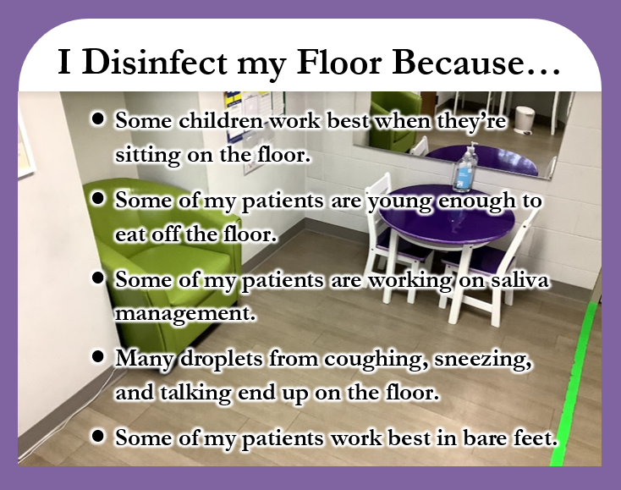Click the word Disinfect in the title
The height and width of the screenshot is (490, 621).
click(155, 63)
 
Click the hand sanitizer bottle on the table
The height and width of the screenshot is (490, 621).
click(466, 168)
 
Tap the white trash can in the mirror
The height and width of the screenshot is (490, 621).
click(525, 119)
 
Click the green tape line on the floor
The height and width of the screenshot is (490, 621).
click(576, 383)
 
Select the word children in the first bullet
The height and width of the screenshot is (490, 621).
click(221, 120)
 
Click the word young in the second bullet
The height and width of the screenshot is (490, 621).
click(401, 201)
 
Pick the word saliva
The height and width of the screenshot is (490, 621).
click(520, 279)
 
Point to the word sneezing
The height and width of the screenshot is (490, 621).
click(483, 360)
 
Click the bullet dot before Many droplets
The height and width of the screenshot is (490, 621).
click(97, 356)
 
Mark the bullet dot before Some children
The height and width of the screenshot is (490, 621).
click(97, 118)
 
